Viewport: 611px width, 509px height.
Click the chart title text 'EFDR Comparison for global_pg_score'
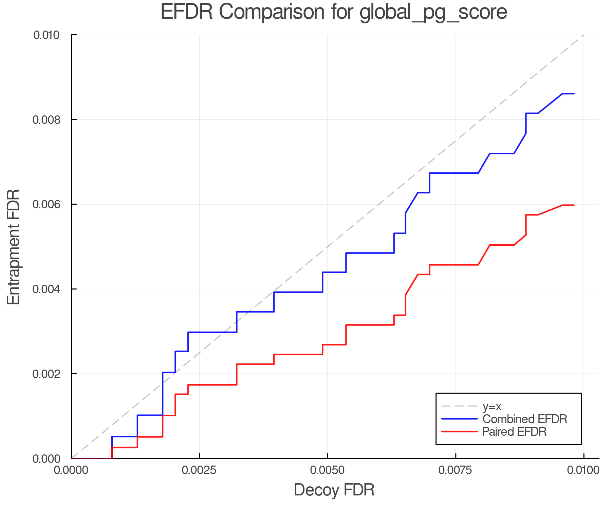(x=334, y=12)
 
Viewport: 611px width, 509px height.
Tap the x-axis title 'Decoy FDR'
(x=334, y=490)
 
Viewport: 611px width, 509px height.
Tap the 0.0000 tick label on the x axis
(x=71, y=470)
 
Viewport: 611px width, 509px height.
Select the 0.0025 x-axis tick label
(x=199, y=470)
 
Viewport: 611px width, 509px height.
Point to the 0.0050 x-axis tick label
(x=327, y=470)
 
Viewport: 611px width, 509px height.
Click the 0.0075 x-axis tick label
(x=455, y=470)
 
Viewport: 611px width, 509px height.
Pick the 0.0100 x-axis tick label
(x=583, y=470)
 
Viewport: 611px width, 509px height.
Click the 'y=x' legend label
(x=492, y=407)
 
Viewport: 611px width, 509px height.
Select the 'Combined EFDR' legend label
(x=524, y=419)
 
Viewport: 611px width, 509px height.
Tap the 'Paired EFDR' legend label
(x=514, y=432)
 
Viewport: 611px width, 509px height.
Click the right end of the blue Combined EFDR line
(x=574, y=94)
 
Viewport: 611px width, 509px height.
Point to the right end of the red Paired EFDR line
(x=574, y=205)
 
